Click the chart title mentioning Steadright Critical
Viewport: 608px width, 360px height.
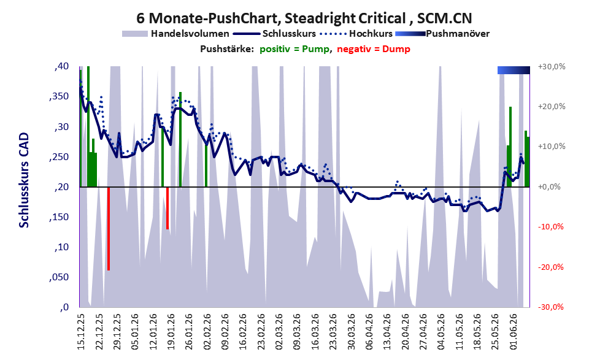(x=304, y=18)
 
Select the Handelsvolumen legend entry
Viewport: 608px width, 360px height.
(x=175, y=34)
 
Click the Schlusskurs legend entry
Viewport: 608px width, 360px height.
(x=274, y=34)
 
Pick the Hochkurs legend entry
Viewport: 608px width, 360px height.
(x=356, y=34)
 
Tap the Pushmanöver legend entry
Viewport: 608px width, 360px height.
(x=442, y=34)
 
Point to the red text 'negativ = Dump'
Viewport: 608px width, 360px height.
(x=374, y=49)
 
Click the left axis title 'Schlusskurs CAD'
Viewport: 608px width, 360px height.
(x=24, y=180)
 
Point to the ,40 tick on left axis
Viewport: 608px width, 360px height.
(x=62, y=67)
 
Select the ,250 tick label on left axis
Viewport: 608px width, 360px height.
(x=59, y=157)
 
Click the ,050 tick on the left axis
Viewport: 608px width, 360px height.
(x=59, y=277)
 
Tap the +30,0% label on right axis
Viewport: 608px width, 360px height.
(x=552, y=67)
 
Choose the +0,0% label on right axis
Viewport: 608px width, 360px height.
(x=550, y=187)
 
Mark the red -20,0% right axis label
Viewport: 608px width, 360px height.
(x=550, y=267)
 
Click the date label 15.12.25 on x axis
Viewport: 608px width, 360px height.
(x=81, y=332)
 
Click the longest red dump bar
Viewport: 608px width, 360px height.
(x=109, y=229)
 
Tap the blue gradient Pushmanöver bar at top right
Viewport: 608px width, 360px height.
(x=514, y=70)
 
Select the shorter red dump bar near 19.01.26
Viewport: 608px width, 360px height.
(x=167, y=208)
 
